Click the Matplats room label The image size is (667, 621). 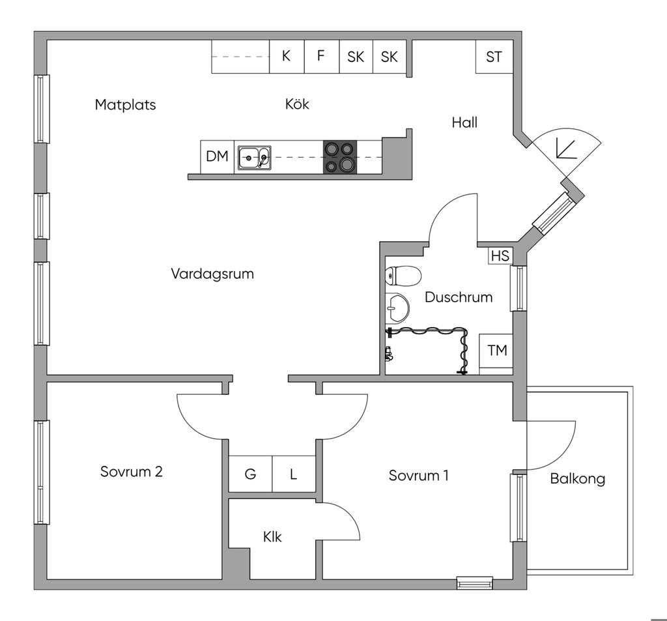tap(126, 105)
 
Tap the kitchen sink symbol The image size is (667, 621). tap(255, 158)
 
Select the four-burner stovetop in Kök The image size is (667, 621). tap(340, 157)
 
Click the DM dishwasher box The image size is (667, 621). tap(218, 157)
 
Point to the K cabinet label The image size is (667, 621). tap(287, 56)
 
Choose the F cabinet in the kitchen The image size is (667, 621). tap(322, 57)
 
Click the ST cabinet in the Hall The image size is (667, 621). tap(494, 57)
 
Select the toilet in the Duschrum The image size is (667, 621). tap(403, 276)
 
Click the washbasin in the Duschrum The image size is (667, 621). tap(397, 308)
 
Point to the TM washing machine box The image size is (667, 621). tap(496, 354)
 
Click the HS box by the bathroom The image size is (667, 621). tap(500, 256)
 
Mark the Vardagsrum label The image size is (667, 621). tap(212, 274)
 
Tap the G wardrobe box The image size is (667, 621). tap(251, 474)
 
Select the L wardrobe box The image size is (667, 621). tap(294, 474)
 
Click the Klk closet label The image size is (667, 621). tap(272, 537)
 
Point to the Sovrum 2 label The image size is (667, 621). tap(132, 472)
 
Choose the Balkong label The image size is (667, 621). tap(577, 479)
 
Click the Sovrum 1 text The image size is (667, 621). tap(419, 476)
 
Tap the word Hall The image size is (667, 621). tap(464, 123)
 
